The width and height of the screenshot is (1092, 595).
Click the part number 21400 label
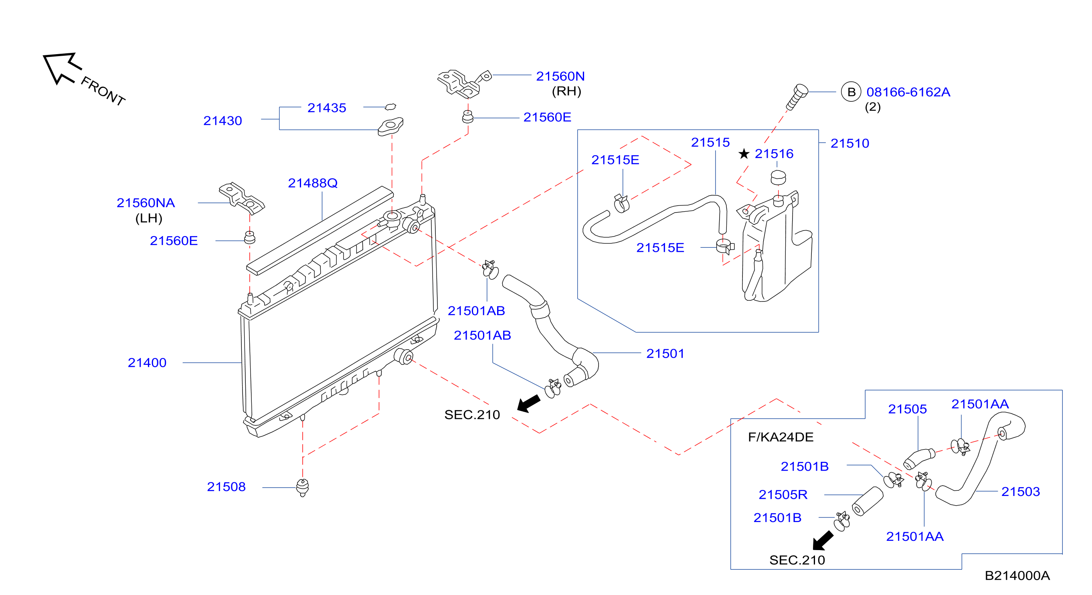point(147,362)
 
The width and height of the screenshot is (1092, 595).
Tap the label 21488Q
point(313,183)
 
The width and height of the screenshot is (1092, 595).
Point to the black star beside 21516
point(744,154)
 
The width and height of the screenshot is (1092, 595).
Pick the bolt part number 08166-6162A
point(908,92)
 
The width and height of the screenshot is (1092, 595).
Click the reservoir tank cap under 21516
point(778,177)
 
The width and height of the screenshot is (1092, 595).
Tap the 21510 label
point(849,144)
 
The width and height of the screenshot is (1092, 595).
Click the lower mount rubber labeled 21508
point(302,488)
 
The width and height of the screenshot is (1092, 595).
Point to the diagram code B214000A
point(1017,575)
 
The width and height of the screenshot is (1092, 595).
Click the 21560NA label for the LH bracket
point(146,203)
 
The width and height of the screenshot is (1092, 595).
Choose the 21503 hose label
point(1020,492)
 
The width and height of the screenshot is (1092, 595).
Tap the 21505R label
point(783,494)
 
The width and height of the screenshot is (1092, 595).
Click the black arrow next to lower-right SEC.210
point(823,541)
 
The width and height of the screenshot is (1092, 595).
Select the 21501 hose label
point(665,353)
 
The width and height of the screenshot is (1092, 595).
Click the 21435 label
point(326,108)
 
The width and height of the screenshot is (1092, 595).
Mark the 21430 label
point(222,121)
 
